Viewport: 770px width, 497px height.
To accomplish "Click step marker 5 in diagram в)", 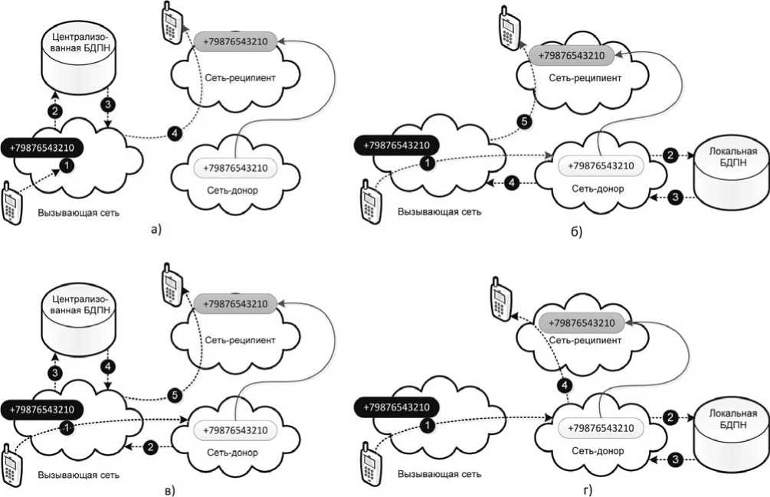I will (175, 395).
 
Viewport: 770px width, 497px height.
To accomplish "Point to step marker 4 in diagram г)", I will (564, 384).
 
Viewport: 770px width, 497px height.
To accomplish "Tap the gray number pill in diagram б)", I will (571, 55).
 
